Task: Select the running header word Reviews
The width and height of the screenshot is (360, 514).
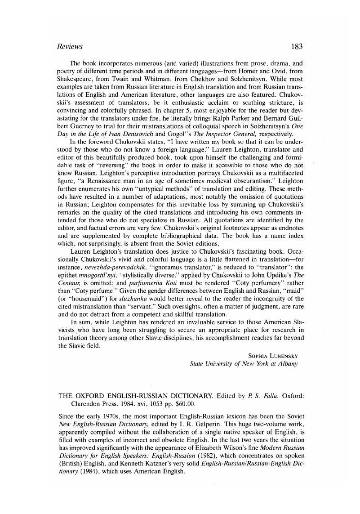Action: pyautogui.click(x=69, y=46)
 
